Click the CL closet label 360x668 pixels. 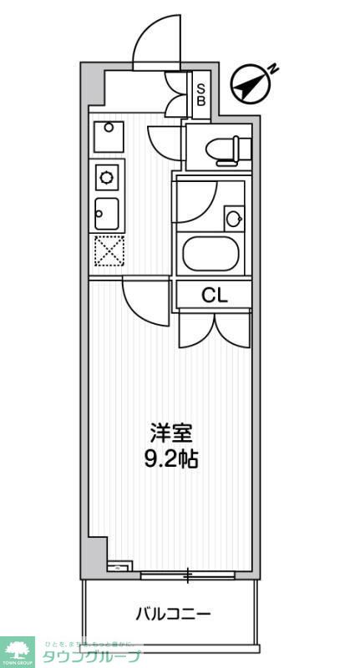pyautogui.click(x=213, y=295)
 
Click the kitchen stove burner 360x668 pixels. pyautogui.click(x=108, y=177)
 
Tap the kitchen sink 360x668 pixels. pyautogui.click(x=107, y=214)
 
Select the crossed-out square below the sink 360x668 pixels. pyautogui.click(x=108, y=251)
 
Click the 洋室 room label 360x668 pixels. pyautogui.click(x=172, y=433)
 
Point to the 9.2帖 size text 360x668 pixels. pyautogui.click(x=172, y=458)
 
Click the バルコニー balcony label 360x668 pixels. pyautogui.click(x=173, y=615)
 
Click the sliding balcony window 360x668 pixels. pyautogui.click(x=189, y=574)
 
